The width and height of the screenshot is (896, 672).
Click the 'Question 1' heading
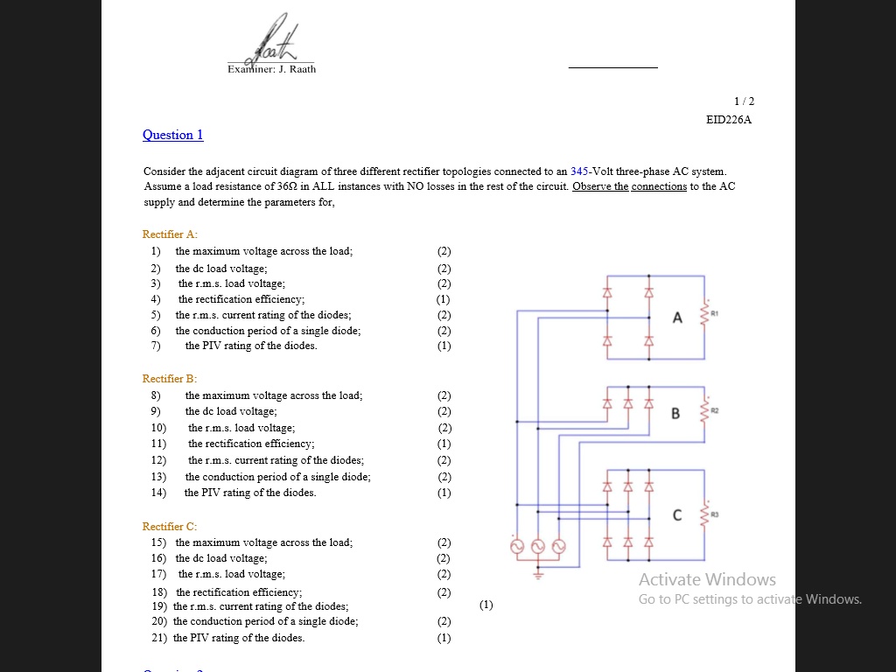(172, 135)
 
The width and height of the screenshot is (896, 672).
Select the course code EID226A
(728, 120)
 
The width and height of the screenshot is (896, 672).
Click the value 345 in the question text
(579, 171)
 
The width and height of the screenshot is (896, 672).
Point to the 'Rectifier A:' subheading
(170, 234)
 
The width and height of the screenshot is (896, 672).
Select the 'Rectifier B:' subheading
(170, 379)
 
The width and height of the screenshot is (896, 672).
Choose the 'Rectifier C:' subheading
(170, 527)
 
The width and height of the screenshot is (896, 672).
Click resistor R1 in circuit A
(704, 317)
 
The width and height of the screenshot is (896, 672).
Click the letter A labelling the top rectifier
(677, 318)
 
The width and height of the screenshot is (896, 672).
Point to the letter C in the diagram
(677, 515)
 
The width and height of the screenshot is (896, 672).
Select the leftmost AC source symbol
(517, 547)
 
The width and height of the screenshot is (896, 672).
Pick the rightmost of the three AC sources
(557, 547)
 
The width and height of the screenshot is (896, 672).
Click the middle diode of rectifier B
(627, 403)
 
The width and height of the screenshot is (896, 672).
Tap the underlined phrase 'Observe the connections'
(629, 187)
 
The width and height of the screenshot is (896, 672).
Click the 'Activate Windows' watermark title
(707, 579)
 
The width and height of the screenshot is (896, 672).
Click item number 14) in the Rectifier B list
(158, 493)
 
